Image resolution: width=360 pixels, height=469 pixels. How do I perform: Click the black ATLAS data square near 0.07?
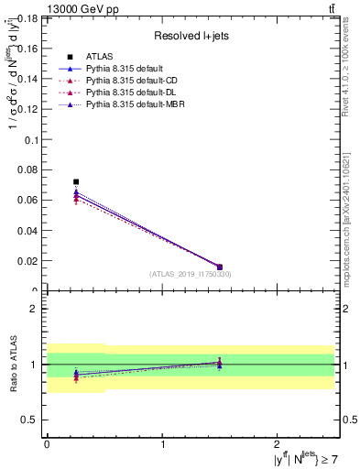click(76, 182)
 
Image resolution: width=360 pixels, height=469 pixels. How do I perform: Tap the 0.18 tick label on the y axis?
click(27, 19)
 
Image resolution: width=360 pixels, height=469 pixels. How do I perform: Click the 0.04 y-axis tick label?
click(27, 231)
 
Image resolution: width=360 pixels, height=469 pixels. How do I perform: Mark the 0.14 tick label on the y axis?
click(27, 80)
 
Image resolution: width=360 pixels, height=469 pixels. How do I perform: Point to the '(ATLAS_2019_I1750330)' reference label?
click(191, 274)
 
